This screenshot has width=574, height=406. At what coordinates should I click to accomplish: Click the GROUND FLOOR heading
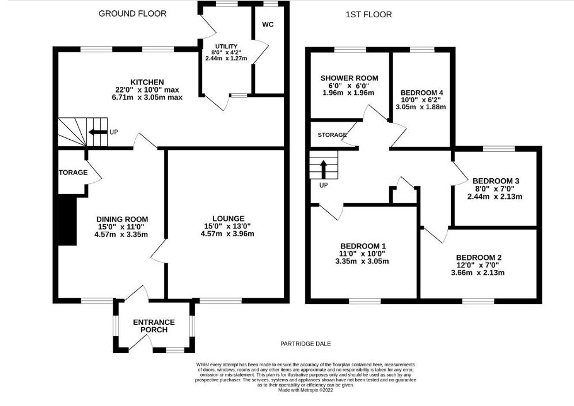pos(132,14)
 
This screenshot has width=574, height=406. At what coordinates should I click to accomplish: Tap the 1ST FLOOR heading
pos(368,14)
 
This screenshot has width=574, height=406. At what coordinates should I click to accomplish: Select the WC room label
pos(268,25)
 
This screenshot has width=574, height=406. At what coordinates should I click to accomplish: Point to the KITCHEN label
pos(147,82)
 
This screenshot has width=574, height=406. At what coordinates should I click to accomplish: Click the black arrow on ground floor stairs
pos(97,132)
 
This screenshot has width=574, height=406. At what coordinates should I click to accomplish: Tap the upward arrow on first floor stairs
pos(324,169)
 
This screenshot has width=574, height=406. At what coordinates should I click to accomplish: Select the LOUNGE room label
pos(228,219)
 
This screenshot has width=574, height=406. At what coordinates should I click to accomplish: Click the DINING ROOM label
pos(122,220)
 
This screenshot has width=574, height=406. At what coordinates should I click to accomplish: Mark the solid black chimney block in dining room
pos(68,220)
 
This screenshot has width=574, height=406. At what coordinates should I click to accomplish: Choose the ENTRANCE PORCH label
pos(154,326)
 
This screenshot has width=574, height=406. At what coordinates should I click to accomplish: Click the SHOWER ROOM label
pos(349,78)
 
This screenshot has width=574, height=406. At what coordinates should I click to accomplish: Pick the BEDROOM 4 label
pos(419,93)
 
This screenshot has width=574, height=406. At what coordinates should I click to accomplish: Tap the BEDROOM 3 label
pos(496,181)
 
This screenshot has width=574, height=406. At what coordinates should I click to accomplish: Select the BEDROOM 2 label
pos(479,258)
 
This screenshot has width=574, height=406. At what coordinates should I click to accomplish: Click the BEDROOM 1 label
pos(363,246)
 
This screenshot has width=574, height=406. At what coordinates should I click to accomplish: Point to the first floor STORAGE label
pos(332,135)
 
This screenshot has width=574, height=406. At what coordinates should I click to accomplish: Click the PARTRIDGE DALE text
pos(306,344)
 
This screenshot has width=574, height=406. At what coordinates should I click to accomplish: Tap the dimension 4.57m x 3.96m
pos(227,233)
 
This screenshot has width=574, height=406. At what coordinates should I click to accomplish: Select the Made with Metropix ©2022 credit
pos(306,390)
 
